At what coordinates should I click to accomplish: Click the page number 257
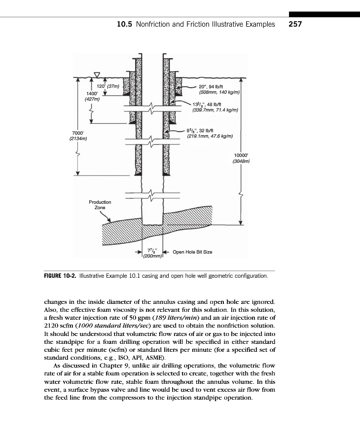point(295,24)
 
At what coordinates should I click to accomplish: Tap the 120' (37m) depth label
point(102,87)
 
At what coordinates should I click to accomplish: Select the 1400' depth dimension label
point(92,93)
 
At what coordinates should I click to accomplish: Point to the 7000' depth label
point(78,133)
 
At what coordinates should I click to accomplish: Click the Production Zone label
point(100,205)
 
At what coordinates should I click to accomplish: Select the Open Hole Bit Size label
point(192,252)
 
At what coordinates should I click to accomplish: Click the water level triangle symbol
point(97,74)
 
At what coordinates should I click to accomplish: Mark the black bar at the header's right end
point(324,15)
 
